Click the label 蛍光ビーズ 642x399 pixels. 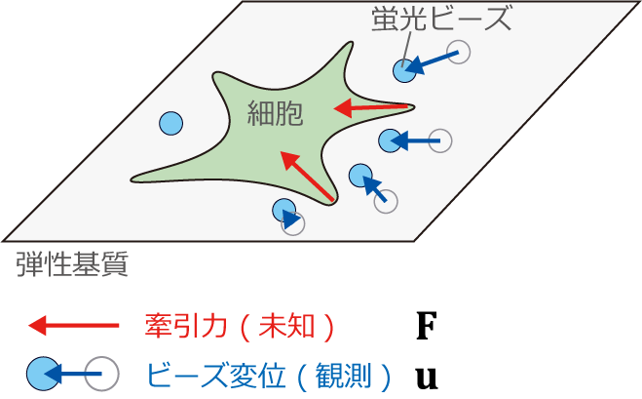tap(441, 19)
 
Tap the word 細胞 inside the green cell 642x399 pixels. tap(275, 113)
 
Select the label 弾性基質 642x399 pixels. tap(72, 264)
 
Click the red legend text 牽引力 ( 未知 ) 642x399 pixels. tap(240, 327)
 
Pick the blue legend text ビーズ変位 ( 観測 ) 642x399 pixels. tap(269, 376)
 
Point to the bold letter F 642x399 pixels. tap(427, 326)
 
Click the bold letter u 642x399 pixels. tap(427, 379)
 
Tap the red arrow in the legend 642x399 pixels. tap(74, 326)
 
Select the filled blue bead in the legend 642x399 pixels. tap(44, 374)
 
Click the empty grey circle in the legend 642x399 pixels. tap(102, 374)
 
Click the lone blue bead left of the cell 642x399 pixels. tap(170, 124)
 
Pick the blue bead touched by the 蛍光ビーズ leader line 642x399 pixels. tap(404, 70)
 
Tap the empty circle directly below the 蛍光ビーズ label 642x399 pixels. tap(458, 52)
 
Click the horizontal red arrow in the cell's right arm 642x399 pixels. tap(371, 108)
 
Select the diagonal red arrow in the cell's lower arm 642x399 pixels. tap(307, 176)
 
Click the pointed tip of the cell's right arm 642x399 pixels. tap(414, 107)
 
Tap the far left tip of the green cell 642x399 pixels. tap(132, 180)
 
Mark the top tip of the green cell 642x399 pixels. tap(352, 42)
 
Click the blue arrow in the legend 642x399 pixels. tap(72, 374)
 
